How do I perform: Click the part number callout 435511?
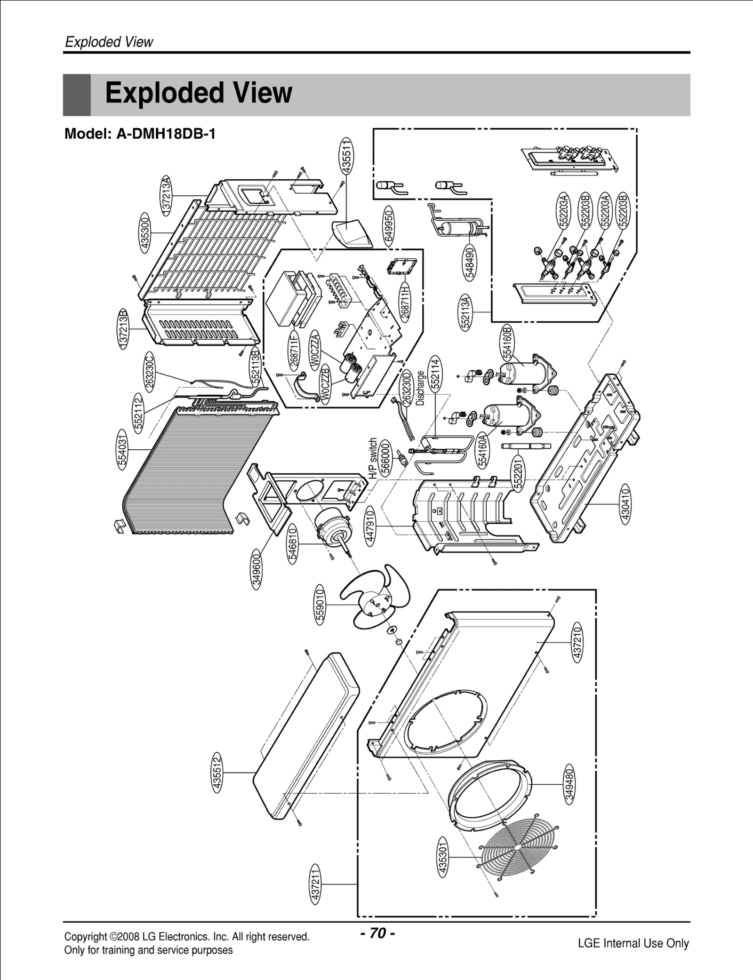pos(346,157)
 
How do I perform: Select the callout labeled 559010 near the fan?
pos(320,604)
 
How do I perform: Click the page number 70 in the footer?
pos(377,932)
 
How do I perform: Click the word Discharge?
pos(420,388)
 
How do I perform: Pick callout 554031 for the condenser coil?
pos(122,449)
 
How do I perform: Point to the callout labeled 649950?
pos(389,226)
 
